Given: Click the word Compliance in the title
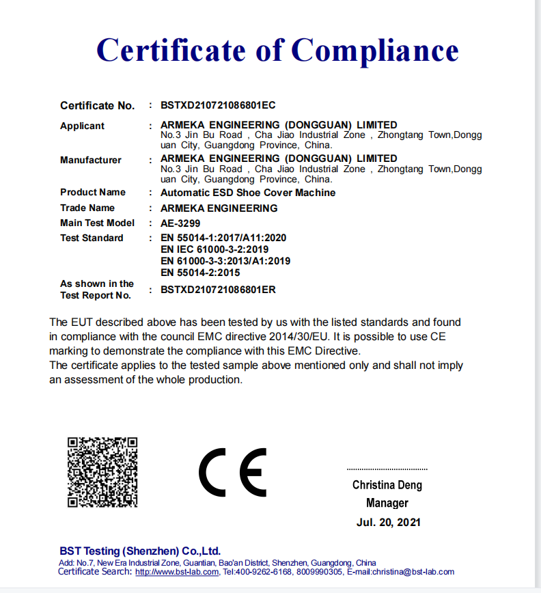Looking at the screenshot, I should point(375,51).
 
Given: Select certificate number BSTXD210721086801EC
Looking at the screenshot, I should point(218,105).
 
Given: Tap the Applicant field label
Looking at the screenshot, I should point(82,126).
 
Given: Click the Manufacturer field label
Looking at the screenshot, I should point(91,160).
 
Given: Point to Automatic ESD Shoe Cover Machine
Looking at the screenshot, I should point(248,193).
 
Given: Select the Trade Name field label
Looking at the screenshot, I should point(87,208).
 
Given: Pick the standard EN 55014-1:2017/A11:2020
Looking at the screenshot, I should point(223,238).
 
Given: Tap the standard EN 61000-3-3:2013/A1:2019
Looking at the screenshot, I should point(225,261).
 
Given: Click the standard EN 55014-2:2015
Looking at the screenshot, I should point(200,273).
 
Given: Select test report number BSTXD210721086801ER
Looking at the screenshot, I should point(218,290).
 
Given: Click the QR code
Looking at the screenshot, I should point(102,472).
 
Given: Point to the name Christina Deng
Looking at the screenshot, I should point(387,485).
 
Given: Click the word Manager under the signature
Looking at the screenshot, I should point(387,504).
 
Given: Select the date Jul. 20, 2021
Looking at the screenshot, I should point(387,523).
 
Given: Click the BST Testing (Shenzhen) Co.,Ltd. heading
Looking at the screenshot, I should point(140,551).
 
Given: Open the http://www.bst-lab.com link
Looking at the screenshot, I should point(177,572).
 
